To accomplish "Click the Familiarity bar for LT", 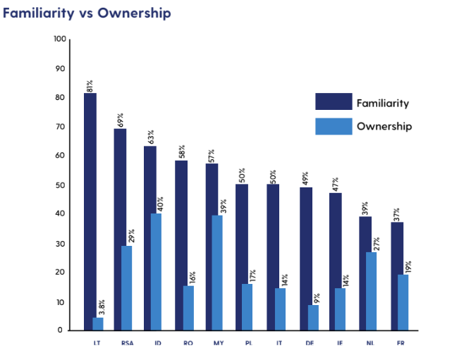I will pyautogui.click(x=90, y=211).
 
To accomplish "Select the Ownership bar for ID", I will pyautogui.click(x=156, y=272).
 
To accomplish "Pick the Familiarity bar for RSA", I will pyautogui.click(x=120, y=229).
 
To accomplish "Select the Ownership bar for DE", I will pyautogui.click(x=313, y=317).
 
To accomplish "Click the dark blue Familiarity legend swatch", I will pyautogui.click(x=333, y=103).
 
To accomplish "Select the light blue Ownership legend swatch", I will pyautogui.click(x=333, y=126).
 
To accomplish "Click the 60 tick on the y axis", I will pyautogui.click(x=60, y=156).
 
